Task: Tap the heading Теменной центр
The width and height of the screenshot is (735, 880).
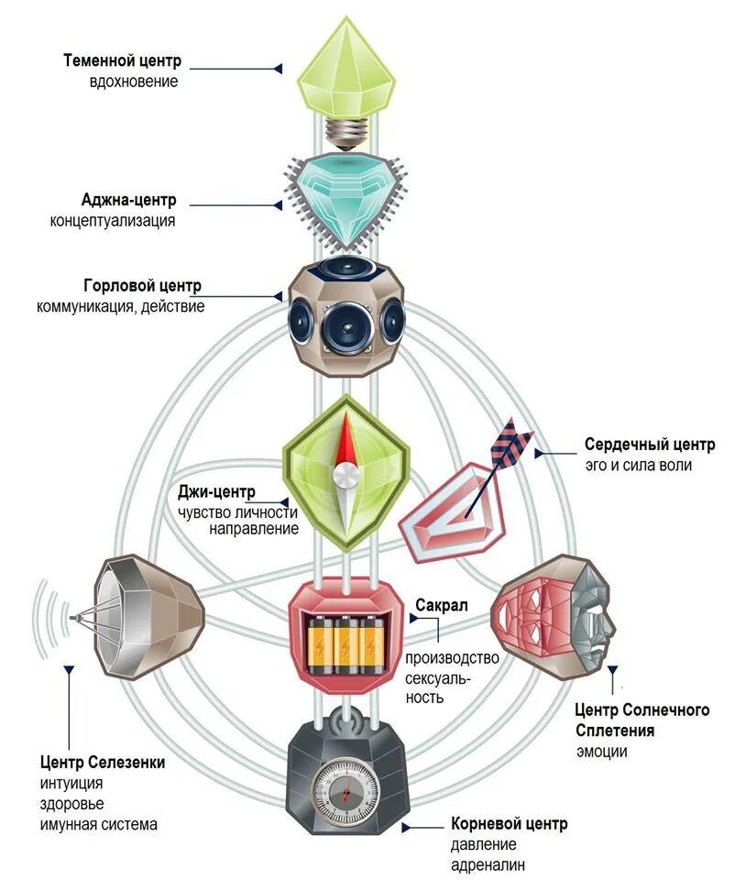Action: coord(123,61)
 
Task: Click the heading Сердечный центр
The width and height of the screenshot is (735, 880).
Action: coord(649,445)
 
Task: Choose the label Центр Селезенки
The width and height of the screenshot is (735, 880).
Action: coord(103,763)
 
